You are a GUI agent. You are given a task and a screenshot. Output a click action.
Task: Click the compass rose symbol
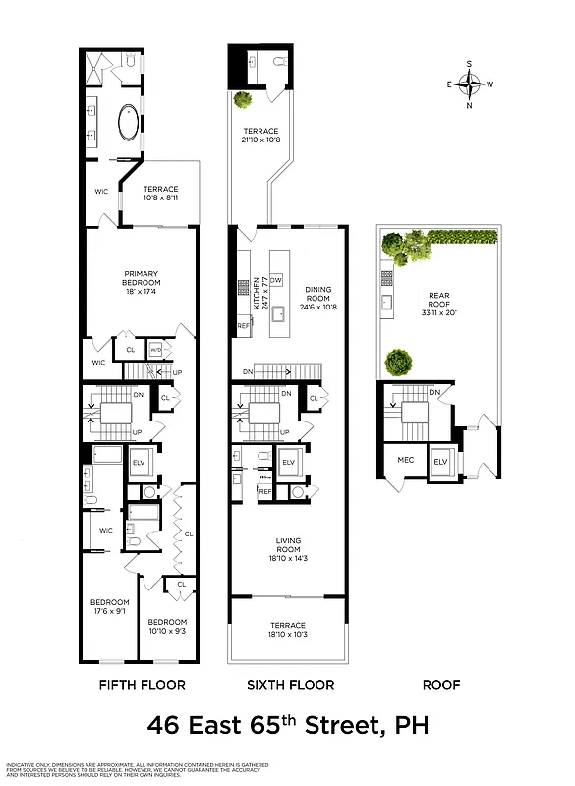(x=470, y=84)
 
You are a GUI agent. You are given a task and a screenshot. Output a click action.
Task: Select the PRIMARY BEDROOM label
(x=142, y=280)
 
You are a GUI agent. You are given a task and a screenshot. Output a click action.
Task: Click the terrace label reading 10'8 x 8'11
(x=161, y=195)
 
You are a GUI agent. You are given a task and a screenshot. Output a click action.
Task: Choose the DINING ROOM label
(x=317, y=296)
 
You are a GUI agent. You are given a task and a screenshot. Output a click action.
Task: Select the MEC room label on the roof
(x=405, y=460)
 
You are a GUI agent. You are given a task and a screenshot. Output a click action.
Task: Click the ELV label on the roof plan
(x=440, y=461)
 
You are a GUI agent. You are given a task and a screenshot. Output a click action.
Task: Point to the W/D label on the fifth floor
(x=155, y=350)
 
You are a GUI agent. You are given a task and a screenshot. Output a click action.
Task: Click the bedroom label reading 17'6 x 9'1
(x=109, y=607)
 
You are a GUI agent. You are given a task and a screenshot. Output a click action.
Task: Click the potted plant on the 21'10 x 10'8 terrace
(x=241, y=99)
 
